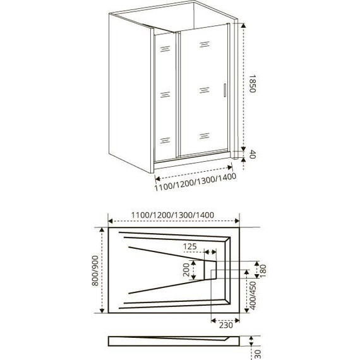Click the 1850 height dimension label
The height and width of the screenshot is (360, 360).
click(x=253, y=83)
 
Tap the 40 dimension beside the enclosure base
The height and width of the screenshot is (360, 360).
click(x=253, y=154)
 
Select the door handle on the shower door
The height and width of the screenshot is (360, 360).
click(x=225, y=90)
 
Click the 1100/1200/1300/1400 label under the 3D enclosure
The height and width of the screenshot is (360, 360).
click(x=195, y=183)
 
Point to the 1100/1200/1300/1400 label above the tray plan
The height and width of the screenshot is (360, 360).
click(x=172, y=215)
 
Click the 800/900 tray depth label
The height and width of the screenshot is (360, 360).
click(x=95, y=271)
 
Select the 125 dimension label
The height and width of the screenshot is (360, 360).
click(x=190, y=246)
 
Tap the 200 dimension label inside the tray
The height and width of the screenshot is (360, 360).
click(x=186, y=270)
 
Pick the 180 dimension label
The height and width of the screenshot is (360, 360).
click(x=263, y=271)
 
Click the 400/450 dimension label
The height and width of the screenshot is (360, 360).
click(x=253, y=296)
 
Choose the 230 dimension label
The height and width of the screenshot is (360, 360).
click(x=226, y=325)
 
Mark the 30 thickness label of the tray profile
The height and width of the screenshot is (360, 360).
click(x=258, y=354)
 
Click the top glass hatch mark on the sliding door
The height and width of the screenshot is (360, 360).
click(x=205, y=44)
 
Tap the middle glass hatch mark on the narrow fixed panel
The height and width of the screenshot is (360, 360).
click(x=165, y=95)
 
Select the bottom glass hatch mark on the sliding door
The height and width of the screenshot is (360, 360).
click(x=204, y=136)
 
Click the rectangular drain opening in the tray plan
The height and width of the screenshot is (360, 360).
click(x=210, y=270)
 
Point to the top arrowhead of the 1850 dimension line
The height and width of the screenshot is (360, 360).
click(x=243, y=25)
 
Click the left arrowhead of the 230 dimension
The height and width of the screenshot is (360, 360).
click(x=213, y=320)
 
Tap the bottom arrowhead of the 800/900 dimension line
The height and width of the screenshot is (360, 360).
click(x=102, y=310)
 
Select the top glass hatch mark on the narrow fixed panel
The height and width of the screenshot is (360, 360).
click(x=165, y=49)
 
